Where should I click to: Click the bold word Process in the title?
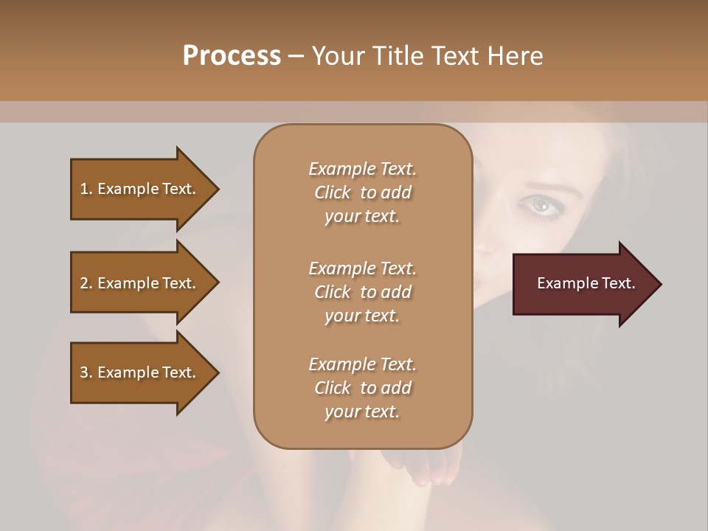coord(232,56)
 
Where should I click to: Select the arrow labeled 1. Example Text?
coord(138,189)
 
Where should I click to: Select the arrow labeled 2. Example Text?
coord(138,283)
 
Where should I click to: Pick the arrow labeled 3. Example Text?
coord(138,372)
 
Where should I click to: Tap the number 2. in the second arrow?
coord(86,283)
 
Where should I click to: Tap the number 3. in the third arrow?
coord(86,372)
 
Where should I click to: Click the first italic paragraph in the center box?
coord(362,192)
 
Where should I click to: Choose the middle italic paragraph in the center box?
coord(362,292)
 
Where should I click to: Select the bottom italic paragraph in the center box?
coord(362,388)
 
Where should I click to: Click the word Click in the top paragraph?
coord(333,193)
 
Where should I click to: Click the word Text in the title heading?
coord(457,56)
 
